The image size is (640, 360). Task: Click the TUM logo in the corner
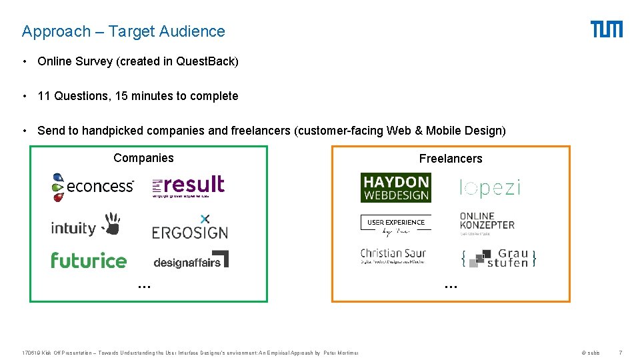click(606, 29)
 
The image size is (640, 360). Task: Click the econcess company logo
click(93, 187)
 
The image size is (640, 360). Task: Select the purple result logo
click(188, 187)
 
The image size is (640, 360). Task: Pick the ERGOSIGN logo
click(190, 227)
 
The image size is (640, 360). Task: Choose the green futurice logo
click(89, 260)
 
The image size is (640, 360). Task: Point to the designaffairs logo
click(191, 260)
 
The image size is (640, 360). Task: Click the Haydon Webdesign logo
click(395, 187)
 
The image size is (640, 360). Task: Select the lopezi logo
click(490, 188)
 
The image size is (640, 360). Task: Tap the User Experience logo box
click(395, 225)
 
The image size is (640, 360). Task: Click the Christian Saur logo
click(393, 256)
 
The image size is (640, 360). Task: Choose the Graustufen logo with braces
click(499, 258)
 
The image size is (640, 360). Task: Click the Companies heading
click(143, 158)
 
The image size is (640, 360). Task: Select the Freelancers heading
click(451, 159)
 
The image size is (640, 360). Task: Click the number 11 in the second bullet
click(44, 96)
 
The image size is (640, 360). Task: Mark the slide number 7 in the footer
click(621, 353)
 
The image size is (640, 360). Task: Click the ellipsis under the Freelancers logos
click(451, 285)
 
